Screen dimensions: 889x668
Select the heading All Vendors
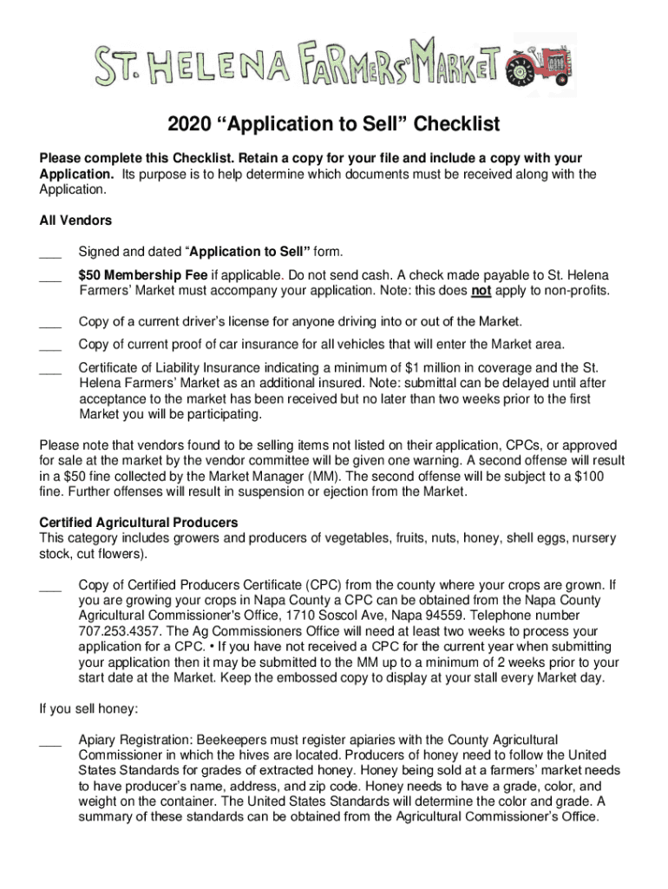(75, 221)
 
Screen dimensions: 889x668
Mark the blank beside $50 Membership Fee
(50, 277)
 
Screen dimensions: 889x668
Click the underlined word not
(480, 290)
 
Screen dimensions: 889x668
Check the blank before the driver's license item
(50, 325)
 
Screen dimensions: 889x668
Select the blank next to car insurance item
(50, 346)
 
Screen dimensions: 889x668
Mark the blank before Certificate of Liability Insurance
(50, 371)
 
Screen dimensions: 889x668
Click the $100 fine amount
(589, 477)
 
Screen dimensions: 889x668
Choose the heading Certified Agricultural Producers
(139, 522)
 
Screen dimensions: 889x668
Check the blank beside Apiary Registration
(50, 742)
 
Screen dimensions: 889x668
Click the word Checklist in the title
(456, 125)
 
